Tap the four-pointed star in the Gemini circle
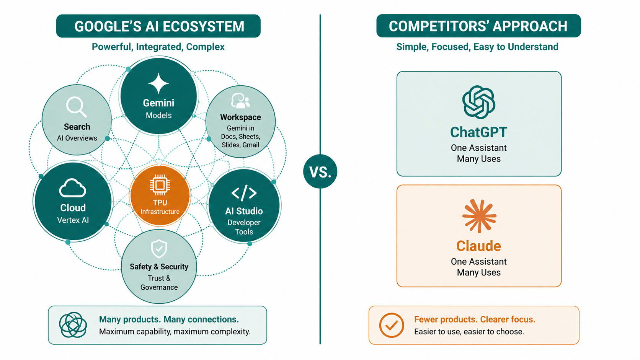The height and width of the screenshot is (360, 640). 158,83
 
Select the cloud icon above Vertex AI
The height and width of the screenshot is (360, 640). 73,188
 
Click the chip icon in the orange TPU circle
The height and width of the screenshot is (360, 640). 160,186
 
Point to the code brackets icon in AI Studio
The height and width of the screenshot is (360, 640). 244,193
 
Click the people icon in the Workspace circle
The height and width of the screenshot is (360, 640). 240,101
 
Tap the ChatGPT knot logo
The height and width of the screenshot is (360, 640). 478,102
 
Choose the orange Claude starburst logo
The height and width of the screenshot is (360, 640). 479,216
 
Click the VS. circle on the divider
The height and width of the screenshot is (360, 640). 320,171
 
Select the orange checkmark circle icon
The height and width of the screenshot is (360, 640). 392,325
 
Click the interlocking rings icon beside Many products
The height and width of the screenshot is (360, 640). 73,325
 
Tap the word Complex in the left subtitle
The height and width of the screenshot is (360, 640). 205,47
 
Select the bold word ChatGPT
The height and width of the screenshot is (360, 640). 478,132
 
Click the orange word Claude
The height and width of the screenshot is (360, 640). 478,246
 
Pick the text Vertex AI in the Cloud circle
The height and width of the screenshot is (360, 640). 73,220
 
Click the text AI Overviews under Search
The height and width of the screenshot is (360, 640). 77,138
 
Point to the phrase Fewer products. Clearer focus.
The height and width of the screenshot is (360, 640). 475,319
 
